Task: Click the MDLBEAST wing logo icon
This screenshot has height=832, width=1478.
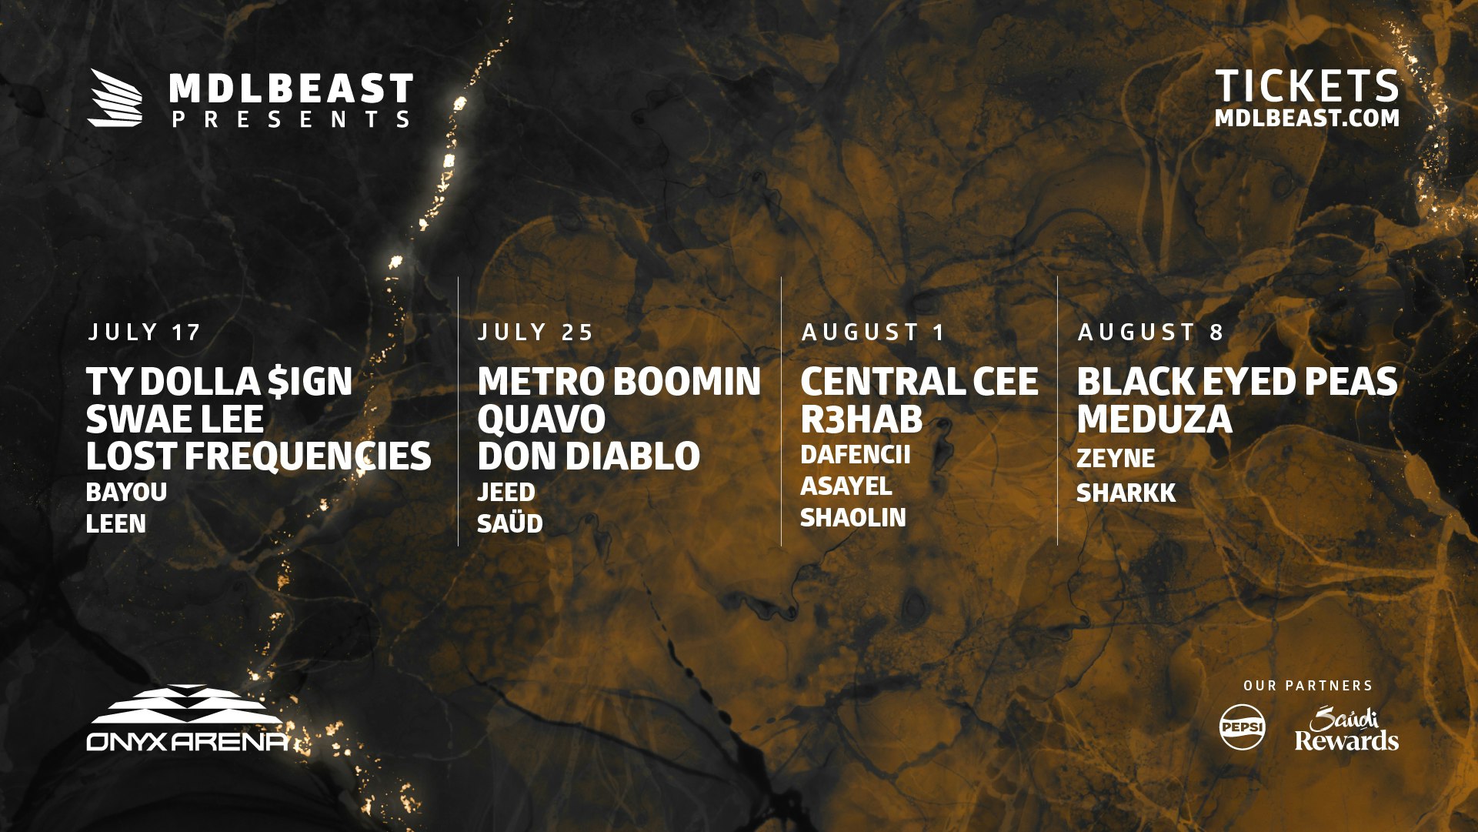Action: tap(115, 98)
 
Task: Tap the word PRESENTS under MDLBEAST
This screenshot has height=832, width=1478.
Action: tap(292, 119)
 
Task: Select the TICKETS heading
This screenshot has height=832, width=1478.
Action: tap(1307, 85)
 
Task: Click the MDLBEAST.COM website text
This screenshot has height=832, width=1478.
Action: tap(1307, 119)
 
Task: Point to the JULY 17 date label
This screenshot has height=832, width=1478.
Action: tap(144, 332)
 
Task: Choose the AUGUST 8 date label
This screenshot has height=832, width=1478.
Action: tap(1150, 332)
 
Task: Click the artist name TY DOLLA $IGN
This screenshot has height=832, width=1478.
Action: tap(219, 382)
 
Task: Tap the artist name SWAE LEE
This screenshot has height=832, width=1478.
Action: tap(175, 419)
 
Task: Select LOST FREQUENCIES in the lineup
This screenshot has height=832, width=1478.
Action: tap(259, 456)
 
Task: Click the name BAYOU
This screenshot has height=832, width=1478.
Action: tap(126, 493)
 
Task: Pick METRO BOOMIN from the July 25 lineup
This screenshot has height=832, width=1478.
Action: tap(619, 382)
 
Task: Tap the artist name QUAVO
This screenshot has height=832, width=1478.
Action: tap(541, 420)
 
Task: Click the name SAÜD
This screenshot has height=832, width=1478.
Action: tap(509, 523)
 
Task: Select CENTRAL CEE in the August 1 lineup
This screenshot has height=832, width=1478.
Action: tap(919, 382)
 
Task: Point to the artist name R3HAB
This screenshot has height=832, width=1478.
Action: tap(861, 419)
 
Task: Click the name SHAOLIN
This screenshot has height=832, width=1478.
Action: tap(853, 518)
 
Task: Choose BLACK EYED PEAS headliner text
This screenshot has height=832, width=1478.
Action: tap(1237, 382)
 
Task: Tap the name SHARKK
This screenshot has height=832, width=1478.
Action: tap(1126, 493)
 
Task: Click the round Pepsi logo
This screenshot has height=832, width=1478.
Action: tap(1242, 727)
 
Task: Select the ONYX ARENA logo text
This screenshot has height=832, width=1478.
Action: tap(189, 742)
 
